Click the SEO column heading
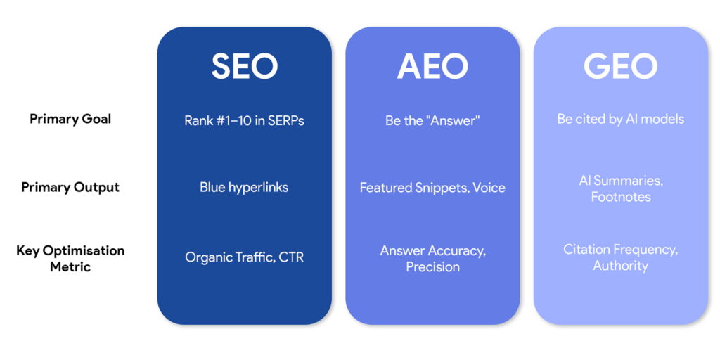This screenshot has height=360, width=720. tap(244, 66)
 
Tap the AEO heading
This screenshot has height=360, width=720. tap(432, 66)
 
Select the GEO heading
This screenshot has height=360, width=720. tap(620, 66)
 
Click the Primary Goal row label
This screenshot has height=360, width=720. tap(70, 119)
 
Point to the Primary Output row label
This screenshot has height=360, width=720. tap(70, 187)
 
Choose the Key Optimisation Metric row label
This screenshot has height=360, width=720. tap(70, 258)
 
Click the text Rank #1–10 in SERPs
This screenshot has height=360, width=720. tap(244, 120)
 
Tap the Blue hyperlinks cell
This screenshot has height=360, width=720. tap(244, 188)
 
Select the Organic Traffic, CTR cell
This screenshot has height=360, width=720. tap(244, 257)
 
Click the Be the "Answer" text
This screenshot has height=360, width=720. tap(432, 120)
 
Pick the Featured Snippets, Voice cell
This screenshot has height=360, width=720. tap(432, 188)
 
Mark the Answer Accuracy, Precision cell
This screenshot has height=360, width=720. tap(432, 258)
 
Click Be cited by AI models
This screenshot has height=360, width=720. tap(620, 119)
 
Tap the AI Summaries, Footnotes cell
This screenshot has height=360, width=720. tap(620, 188)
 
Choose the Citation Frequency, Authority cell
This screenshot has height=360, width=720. tap(620, 257)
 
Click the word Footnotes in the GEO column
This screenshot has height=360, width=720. tap(620, 197)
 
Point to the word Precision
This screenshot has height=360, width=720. tap(432, 267)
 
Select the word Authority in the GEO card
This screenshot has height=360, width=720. tap(620, 266)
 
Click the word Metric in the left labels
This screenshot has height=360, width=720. tap(70, 267)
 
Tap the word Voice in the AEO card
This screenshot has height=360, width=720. tap(489, 188)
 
